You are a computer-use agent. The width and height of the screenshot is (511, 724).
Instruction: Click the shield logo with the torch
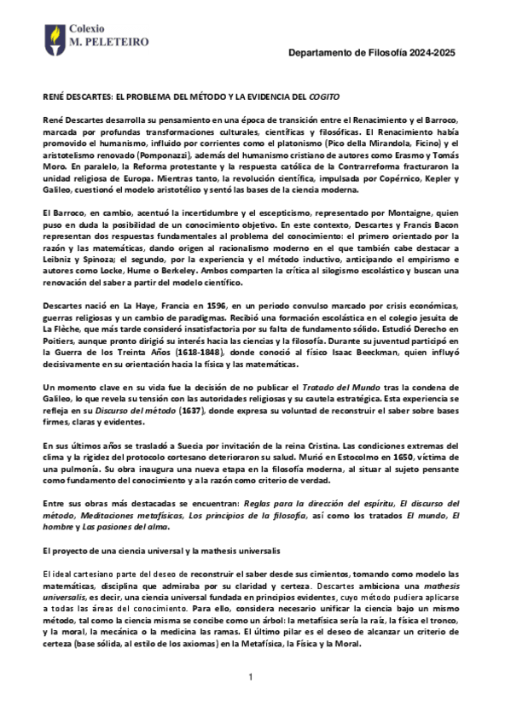pyautogui.click(x=54, y=36)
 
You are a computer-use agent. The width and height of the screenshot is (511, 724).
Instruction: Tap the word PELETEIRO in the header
pyautogui.click(x=111, y=40)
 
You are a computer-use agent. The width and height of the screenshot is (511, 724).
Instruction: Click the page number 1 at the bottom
pyautogui.click(x=252, y=677)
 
